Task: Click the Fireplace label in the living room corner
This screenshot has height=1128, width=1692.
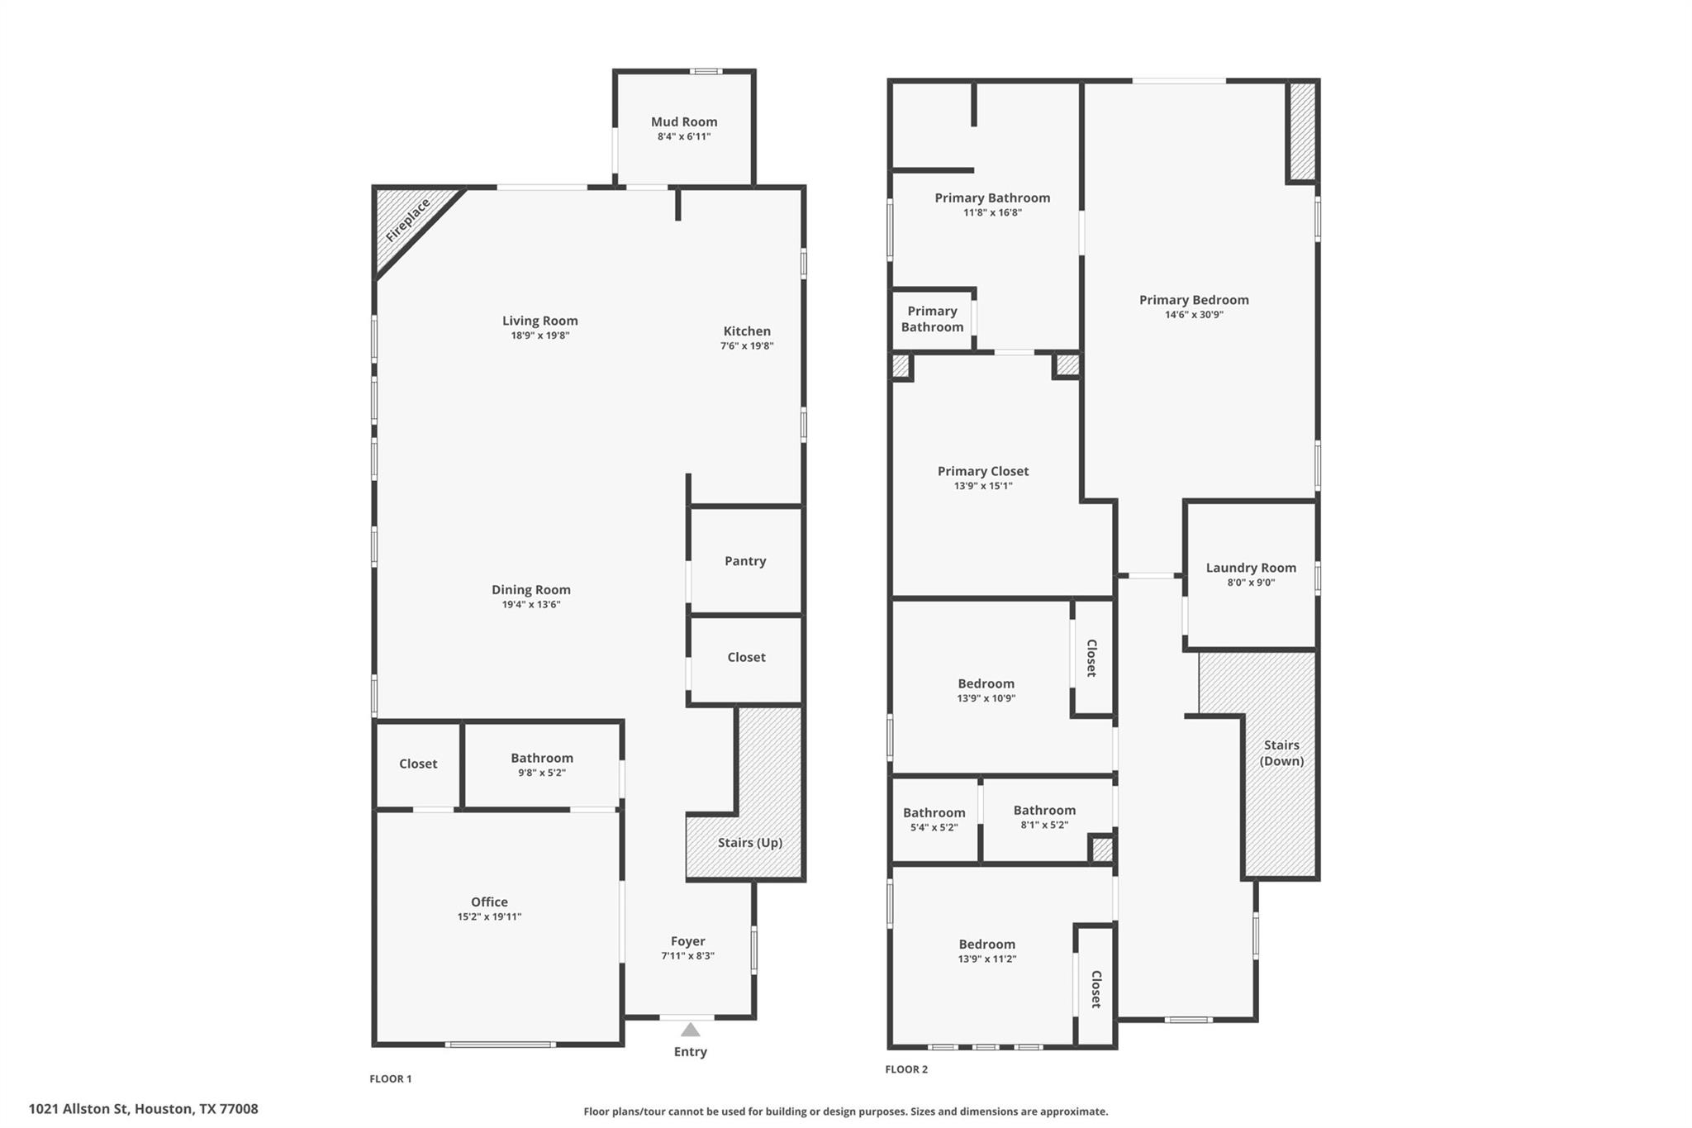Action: [x=408, y=220]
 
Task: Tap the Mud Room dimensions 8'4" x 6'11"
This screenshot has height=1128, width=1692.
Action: [x=683, y=136]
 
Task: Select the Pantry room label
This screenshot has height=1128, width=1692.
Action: [x=745, y=561]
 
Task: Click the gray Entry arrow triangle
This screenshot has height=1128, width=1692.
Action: [x=690, y=1030]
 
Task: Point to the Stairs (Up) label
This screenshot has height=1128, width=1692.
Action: [x=749, y=843]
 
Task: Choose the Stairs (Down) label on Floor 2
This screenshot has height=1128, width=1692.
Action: [x=1281, y=753]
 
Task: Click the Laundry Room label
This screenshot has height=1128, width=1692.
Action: [x=1251, y=568]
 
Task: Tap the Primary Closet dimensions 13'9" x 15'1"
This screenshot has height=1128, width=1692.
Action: [x=983, y=486]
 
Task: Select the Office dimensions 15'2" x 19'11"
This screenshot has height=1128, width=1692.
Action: [x=489, y=916]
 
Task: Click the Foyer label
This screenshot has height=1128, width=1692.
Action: [x=687, y=941]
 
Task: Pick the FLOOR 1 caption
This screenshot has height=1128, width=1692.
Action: [x=390, y=1078]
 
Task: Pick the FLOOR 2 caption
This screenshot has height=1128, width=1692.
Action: [x=906, y=1069]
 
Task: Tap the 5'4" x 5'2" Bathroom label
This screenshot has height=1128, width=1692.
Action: [x=934, y=813]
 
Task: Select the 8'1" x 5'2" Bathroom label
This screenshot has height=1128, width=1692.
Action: [x=1044, y=811]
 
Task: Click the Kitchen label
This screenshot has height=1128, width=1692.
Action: [x=747, y=331]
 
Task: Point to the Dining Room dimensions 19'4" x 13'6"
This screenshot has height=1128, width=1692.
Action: [x=530, y=604]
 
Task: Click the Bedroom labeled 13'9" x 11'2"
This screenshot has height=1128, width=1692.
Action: [x=986, y=945]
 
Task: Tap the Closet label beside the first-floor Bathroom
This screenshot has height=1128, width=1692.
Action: [x=418, y=764]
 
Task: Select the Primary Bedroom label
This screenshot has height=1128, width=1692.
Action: [x=1194, y=300]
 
